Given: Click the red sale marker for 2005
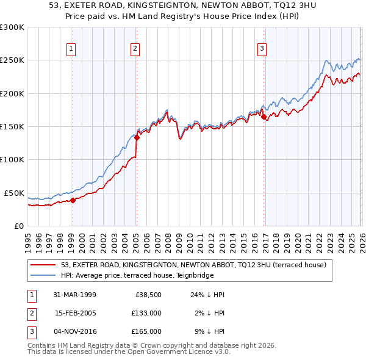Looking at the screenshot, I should (137, 137).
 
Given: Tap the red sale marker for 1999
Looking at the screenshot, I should (73, 200).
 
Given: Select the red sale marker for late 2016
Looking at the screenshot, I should (264, 117).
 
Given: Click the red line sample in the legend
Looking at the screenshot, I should (44, 265).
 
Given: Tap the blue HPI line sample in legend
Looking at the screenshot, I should (44, 275).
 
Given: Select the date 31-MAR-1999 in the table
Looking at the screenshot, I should (75, 295).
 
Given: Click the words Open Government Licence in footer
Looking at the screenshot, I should (163, 352).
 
